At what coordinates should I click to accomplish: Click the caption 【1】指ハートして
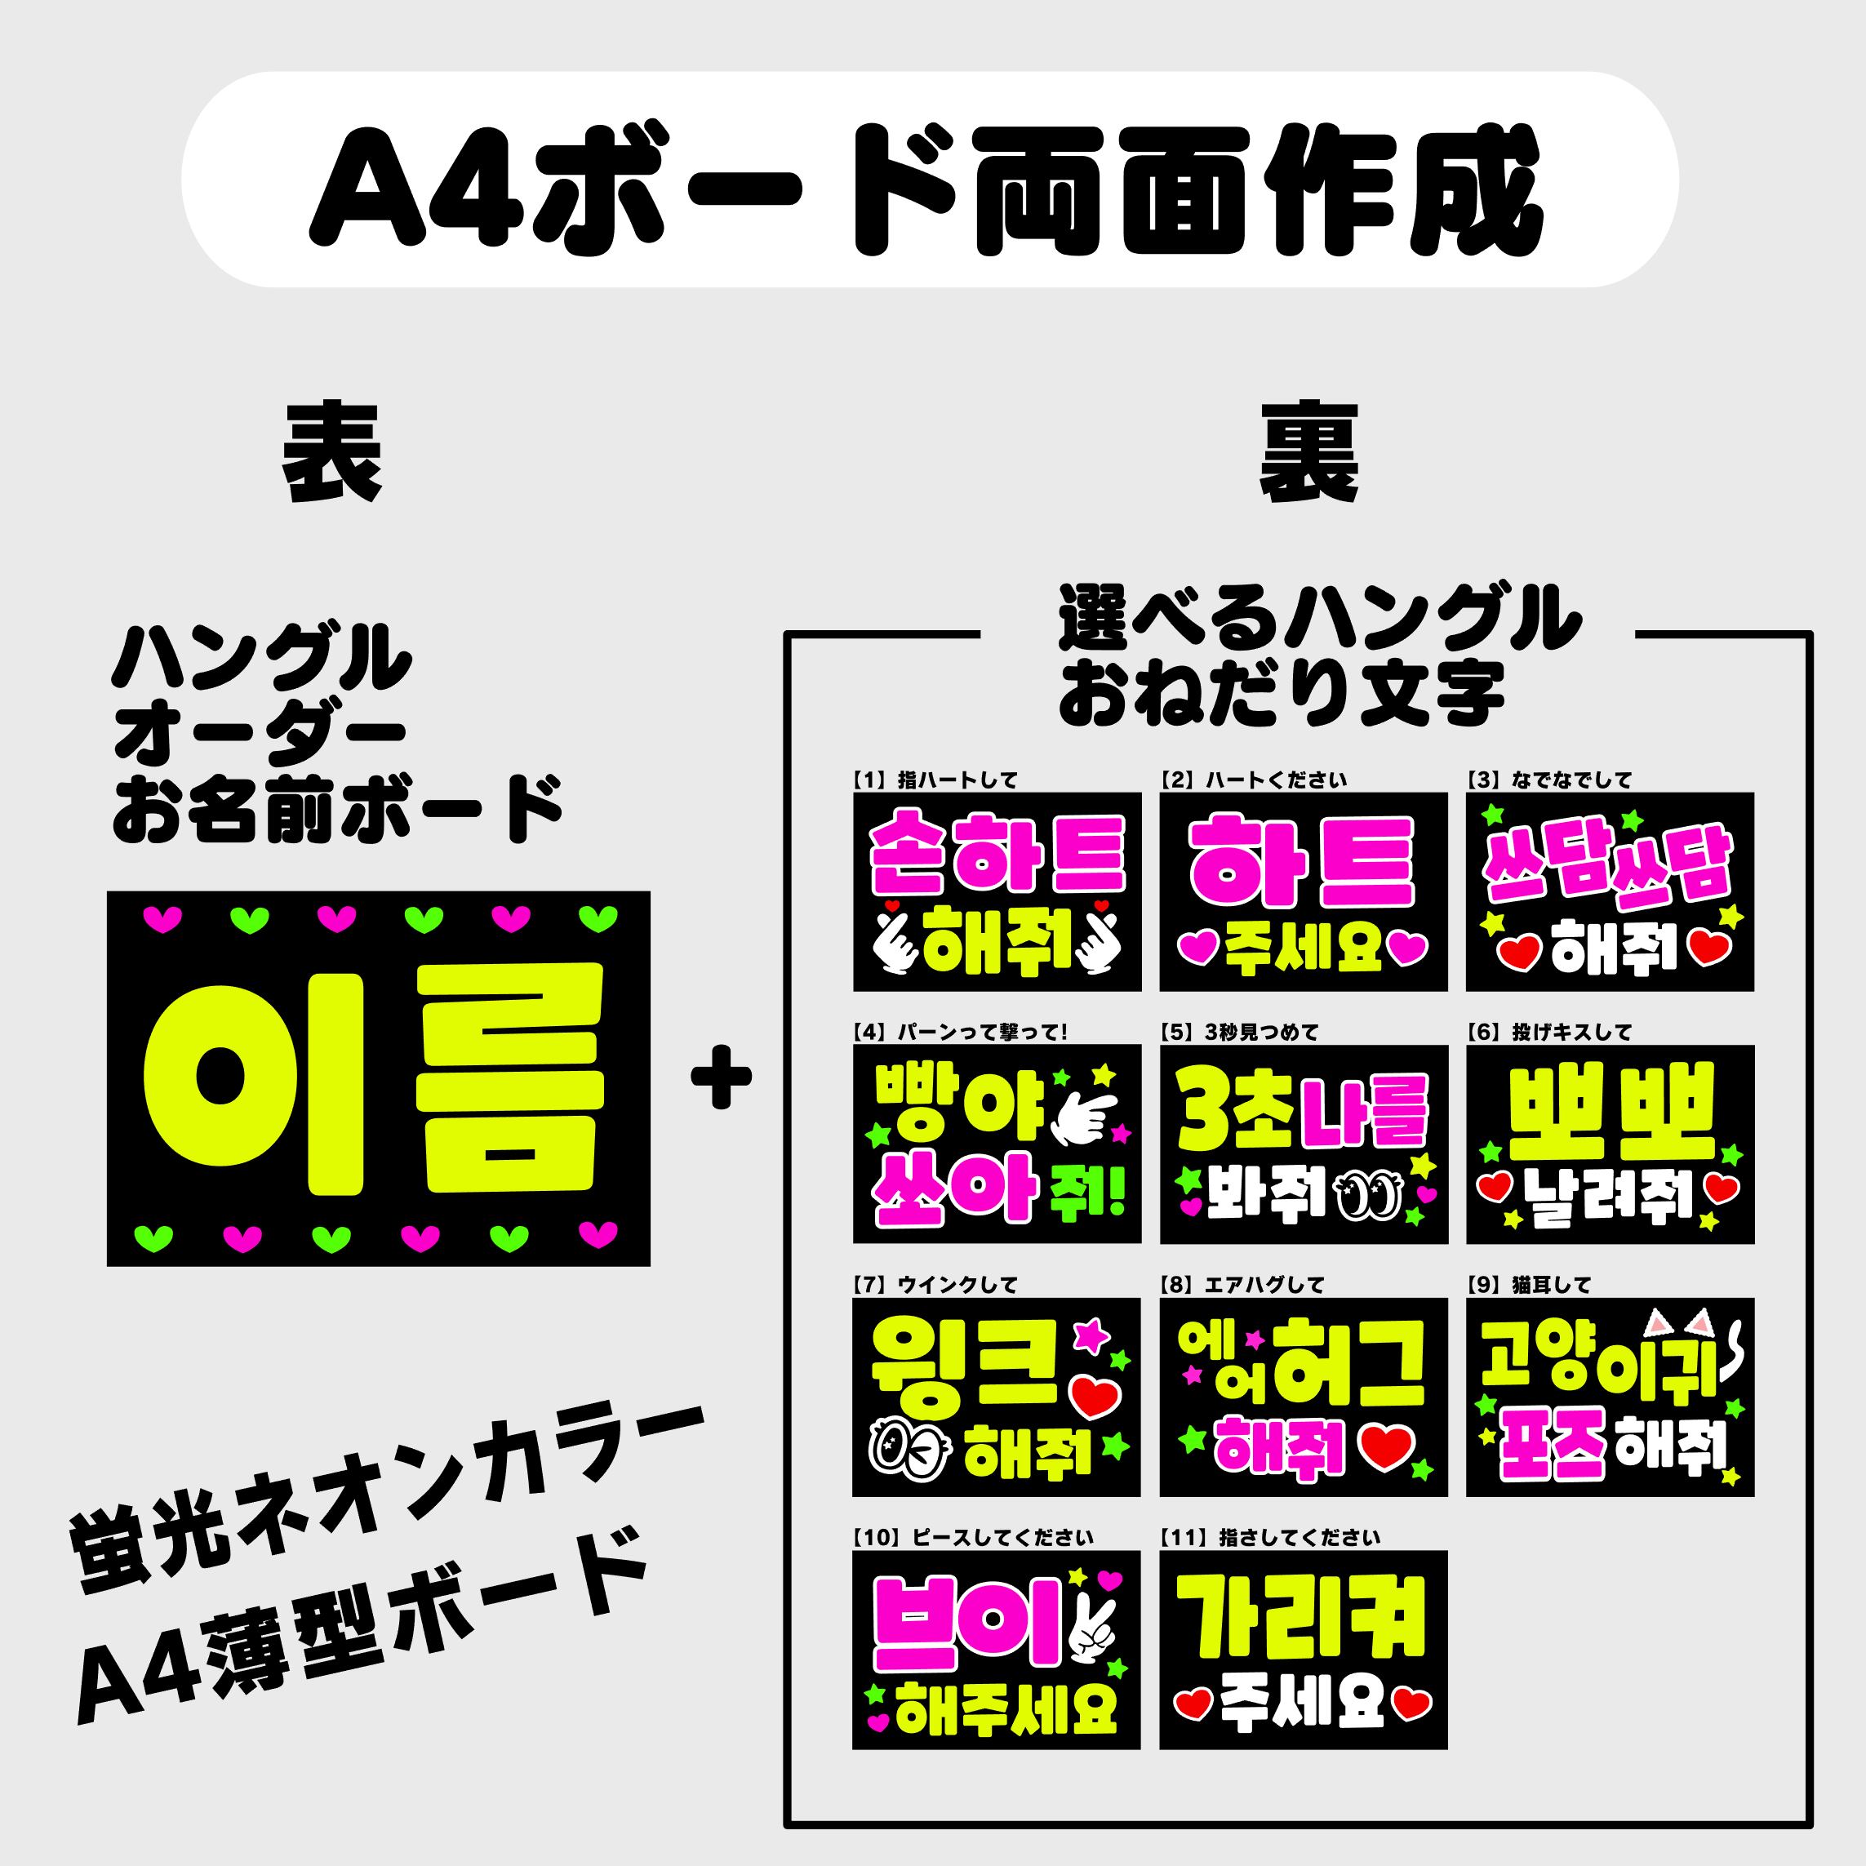(935, 780)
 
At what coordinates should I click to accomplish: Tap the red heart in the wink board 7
(1096, 1397)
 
